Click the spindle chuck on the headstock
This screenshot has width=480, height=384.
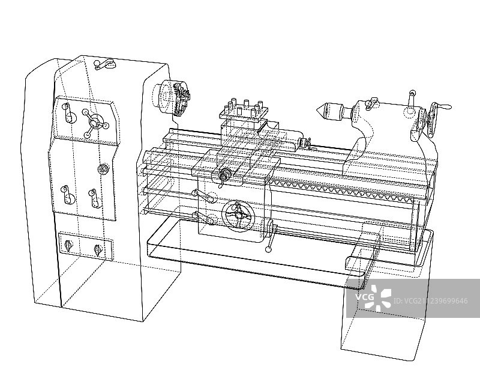click(x=172, y=97)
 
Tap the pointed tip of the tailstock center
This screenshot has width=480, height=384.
click(x=317, y=110)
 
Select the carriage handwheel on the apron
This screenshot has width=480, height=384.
click(x=238, y=215)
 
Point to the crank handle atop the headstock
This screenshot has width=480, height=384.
click(x=104, y=64)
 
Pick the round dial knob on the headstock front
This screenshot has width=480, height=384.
click(x=103, y=169)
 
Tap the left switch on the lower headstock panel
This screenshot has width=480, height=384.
click(x=68, y=245)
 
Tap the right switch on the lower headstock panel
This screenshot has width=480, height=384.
click(x=98, y=250)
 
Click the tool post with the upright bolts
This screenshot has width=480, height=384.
click(x=244, y=110)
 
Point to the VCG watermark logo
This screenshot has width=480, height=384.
click(x=373, y=297)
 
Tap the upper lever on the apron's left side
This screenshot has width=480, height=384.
click(x=204, y=197)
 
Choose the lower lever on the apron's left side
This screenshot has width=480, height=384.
click(x=203, y=218)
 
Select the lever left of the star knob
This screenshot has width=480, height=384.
click(x=68, y=113)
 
